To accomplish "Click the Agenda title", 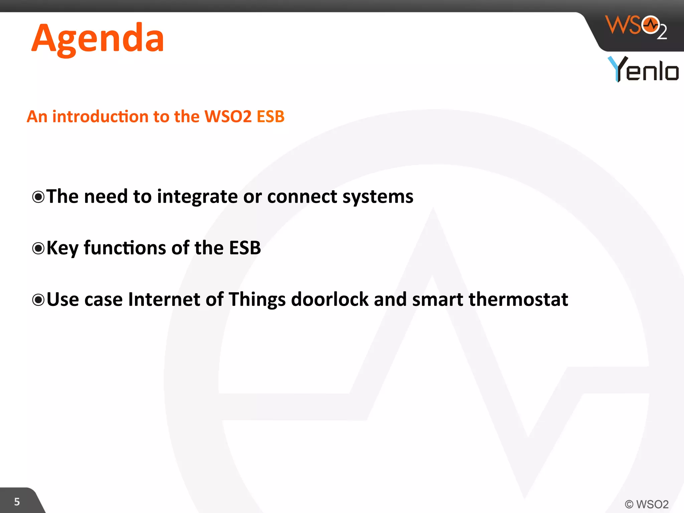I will pyautogui.click(x=98, y=39).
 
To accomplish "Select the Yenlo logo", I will pyautogui.click(x=643, y=69).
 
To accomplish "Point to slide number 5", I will pyautogui.click(x=17, y=502).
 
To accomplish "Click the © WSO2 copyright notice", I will pyautogui.click(x=646, y=504).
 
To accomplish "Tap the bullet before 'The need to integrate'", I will pyautogui.click(x=38, y=197).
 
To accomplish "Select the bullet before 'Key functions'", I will pyautogui.click(x=38, y=248).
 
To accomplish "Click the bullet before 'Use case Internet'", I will pyautogui.click(x=38, y=300).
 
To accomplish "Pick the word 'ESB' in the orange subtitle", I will pyautogui.click(x=270, y=117).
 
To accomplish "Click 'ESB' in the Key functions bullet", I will pyautogui.click(x=245, y=248).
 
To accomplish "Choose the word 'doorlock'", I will pyautogui.click(x=329, y=299).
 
